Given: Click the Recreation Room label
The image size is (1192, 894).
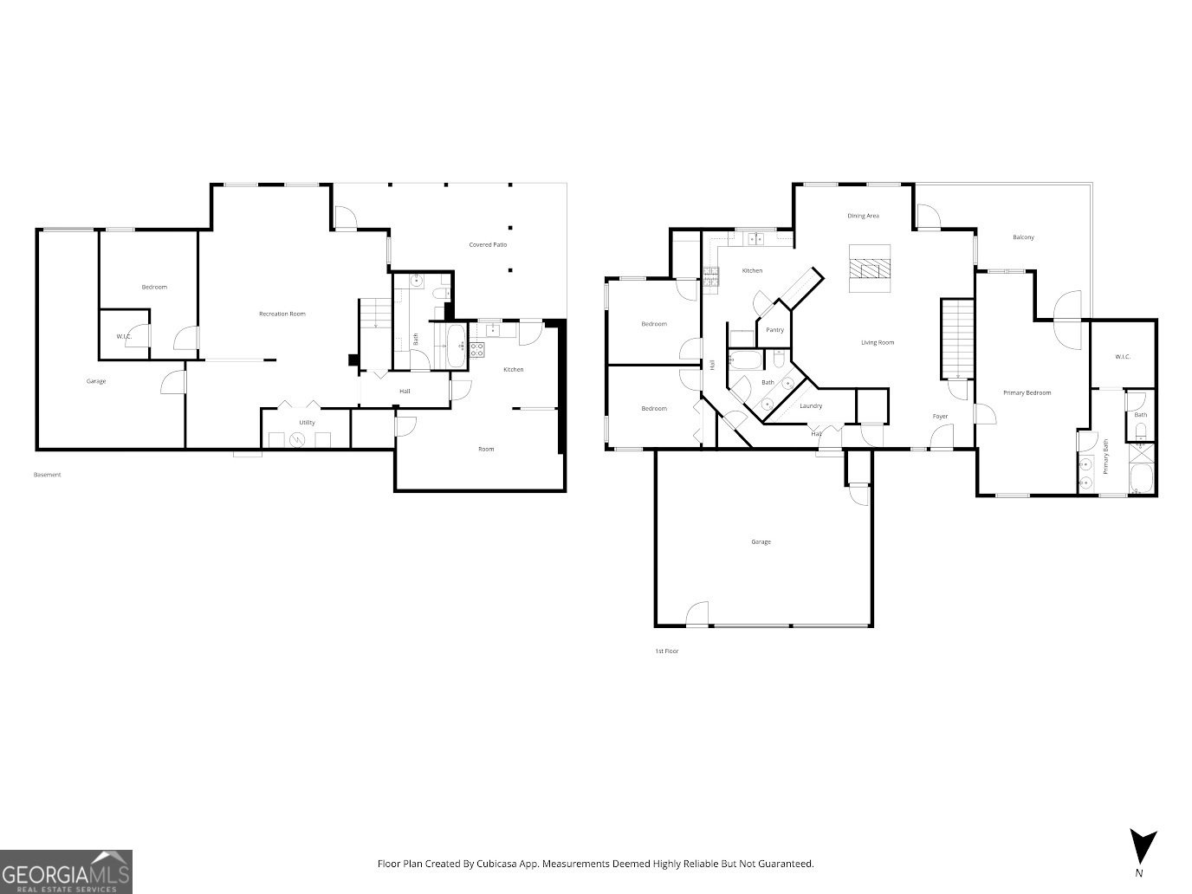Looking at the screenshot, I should [x=282, y=314].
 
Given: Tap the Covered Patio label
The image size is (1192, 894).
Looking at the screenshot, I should [x=488, y=245].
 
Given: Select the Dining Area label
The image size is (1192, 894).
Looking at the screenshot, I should [x=863, y=216].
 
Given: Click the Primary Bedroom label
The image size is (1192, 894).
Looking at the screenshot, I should [x=1027, y=393].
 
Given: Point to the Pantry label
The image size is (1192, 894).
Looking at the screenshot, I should [x=774, y=330].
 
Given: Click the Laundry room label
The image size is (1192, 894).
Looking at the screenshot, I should [x=811, y=406].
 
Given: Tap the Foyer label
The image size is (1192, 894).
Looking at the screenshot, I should [x=940, y=417].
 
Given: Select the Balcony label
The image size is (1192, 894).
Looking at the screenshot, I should [x=1023, y=237].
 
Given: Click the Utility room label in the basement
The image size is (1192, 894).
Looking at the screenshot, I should [x=307, y=423].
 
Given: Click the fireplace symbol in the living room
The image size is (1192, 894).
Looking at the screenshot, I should [x=869, y=269].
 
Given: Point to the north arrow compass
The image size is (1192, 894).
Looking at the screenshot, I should [x=1143, y=845].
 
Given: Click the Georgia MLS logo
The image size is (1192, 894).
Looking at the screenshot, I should [x=66, y=871].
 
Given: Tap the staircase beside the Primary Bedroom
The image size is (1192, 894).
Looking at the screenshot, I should [x=957, y=339].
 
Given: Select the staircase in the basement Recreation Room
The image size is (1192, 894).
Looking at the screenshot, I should [x=375, y=313].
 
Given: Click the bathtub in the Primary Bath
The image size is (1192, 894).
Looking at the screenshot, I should [x=1142, y=479].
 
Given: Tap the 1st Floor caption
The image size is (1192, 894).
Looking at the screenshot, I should [x=666, y=651].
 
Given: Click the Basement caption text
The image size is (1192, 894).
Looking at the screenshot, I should [x=48, y=475].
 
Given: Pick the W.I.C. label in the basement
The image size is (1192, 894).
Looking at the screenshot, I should [x=123, y=337].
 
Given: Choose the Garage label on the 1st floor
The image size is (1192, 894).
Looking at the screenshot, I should [x=761, y=542].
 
